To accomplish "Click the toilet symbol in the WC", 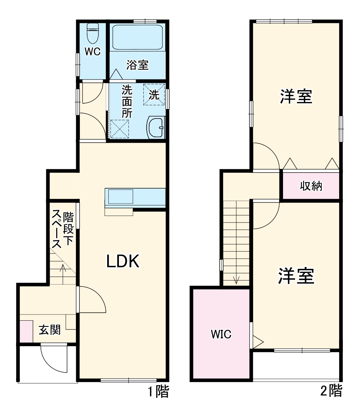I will coord(93,34).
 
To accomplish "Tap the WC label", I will coord(93,52).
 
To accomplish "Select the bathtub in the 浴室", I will coord(137,37).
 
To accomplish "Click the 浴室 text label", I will coord(137,65).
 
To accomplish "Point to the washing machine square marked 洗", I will coord(154,95).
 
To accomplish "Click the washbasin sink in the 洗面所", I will coord(156,128).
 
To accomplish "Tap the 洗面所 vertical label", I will coord(127,101).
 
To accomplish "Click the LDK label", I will coord(123,262).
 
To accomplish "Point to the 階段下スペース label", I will coord(62,229).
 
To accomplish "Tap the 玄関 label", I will coord(50,331).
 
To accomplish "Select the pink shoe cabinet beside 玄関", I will coord(26,331).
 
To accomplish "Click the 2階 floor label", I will coord(331,391).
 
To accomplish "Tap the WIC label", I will coord(221,334).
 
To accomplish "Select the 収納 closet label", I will coord(311,186).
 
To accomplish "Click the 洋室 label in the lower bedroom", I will coord(296,276).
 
